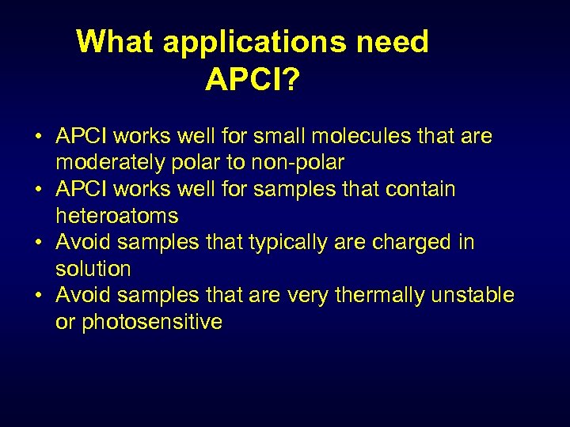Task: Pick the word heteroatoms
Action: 117,216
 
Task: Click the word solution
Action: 93,269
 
